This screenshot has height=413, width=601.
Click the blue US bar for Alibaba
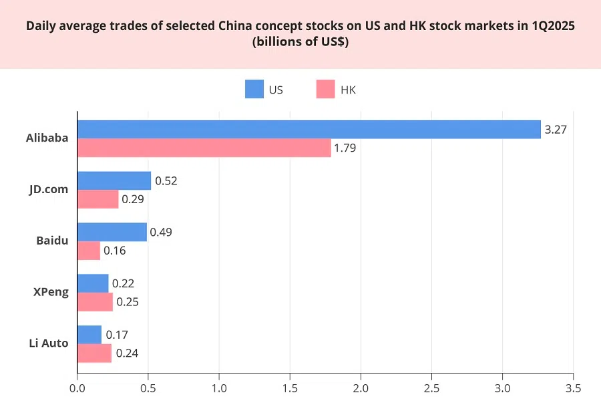pyautogui.click(x=309, y=130)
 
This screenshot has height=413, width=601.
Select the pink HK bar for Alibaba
pyautogui.click(x=204, y=148)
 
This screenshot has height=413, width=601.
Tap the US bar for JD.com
pyautogui.click(x=114, y=180)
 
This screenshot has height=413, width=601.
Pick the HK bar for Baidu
pyautogui.click(x=89, y=251)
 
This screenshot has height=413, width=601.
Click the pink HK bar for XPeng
pyautogui.click(x=95, y=302)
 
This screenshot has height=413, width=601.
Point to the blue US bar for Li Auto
pyautogui.click(x=89, y=335)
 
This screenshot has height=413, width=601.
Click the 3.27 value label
pyautogui.click(x=556, y=130)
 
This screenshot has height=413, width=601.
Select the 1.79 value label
pyautogui.click(x=345, y=148)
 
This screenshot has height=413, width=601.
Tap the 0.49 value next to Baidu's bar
pyautogui.click(x=161, y=232)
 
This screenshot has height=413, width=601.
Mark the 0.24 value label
pyautogui.click(x=127, y=354)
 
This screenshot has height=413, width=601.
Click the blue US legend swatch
pyautogui.click(x=254, y=90)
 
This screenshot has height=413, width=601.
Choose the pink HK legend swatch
pyautogui.click(x=325, y=90)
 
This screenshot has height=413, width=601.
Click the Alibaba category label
pyautogui.click(x=47, y=138)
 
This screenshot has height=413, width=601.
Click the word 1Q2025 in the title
pyautogui.click(x=553, y=27)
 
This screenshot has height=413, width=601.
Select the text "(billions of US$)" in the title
pyautogui.click(x=300, y=41)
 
